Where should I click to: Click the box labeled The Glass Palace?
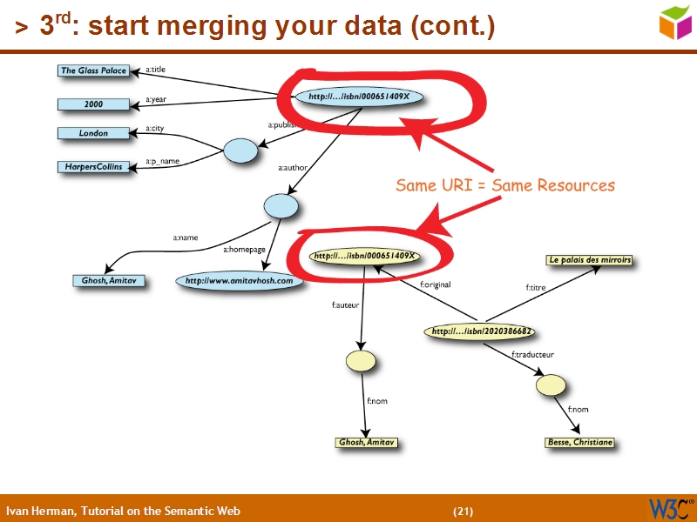[x=93, y=70]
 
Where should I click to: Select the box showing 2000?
[x=93, y=104]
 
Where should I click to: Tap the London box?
[x=93, y=133]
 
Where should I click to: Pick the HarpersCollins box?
[x=93, y=166]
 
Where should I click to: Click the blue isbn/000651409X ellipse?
[x=359, y=97]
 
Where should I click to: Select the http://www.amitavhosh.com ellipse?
[x=240, y=281]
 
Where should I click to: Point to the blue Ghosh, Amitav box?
[x=109, y=281]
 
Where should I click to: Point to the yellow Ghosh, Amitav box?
[x=366, y=443]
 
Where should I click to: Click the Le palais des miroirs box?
[x=589, y=260]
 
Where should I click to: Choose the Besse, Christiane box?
[x=579, y=443]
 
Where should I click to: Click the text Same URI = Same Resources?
[x=505, y=185]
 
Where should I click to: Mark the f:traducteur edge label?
[x=532, y=354]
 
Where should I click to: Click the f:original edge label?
[x=435, y=284]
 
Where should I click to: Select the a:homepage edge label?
[x=244, y=250]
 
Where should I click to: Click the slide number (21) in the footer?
[x=463, y=511]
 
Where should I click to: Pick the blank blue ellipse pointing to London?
[x=240, y=151]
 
